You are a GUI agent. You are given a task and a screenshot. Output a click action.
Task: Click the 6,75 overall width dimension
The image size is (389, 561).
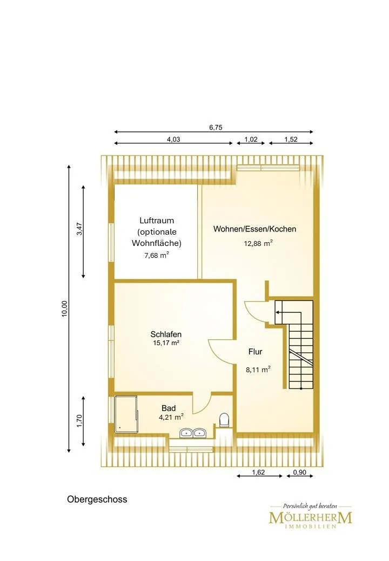click(216, 127)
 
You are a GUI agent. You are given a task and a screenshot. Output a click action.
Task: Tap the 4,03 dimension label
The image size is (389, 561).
click(173, 140)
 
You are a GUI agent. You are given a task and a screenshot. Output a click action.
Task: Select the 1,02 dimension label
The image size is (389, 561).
click(251, 140)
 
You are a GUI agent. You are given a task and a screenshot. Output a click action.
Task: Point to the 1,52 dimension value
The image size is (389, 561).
click(291, 140)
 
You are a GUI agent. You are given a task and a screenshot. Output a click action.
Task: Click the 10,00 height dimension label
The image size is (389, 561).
click(64, 309)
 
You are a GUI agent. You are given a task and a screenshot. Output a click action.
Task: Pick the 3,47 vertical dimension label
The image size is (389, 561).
click(79, 229)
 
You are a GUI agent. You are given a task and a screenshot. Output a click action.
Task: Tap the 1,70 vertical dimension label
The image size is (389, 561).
click(79, 420)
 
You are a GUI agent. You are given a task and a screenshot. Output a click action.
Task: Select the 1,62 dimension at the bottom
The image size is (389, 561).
click(258, 473)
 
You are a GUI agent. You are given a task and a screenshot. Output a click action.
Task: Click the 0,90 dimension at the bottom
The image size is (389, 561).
click(300, 473)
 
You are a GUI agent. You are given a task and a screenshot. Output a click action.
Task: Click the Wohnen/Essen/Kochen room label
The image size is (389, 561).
click(254, 229)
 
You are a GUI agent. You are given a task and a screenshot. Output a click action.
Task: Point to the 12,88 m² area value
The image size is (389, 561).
click(258, 243)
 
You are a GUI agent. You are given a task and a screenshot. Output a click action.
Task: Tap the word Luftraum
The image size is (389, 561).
click(157, 221)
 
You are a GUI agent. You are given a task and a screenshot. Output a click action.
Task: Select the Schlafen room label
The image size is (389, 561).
click(166, 334)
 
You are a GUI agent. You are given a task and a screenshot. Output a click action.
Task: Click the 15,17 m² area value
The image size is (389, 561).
click(166, 343)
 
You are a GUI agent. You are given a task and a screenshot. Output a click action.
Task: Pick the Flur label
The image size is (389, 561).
click(256, 352)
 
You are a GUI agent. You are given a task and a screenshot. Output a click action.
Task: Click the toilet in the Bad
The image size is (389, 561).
click(224, 420)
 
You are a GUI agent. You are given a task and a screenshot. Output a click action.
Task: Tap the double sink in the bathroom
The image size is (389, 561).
click(192, 433)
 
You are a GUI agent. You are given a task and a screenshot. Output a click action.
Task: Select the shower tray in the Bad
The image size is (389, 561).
click(126, 413)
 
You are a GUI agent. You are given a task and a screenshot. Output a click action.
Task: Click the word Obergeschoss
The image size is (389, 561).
click(97, 499)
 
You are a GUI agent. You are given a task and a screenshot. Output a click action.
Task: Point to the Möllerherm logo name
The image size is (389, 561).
click(311, 517)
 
